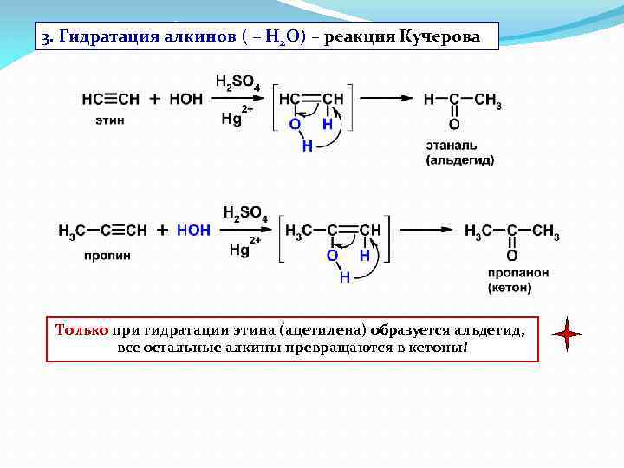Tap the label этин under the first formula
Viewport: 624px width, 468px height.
tap(109, 120)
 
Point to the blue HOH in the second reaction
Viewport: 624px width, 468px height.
tap(193, 231)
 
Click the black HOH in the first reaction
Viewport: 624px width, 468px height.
tap(186, 99)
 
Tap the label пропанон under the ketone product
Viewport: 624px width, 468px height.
tap(517, 272)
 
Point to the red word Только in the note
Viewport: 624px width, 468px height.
tap(81, 329)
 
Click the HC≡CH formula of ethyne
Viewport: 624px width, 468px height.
tap(111, 99)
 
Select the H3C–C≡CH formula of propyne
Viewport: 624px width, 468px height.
tap(102, 231)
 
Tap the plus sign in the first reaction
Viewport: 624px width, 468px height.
tap(155, 99)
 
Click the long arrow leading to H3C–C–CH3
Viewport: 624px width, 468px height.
tap(426, 231)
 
